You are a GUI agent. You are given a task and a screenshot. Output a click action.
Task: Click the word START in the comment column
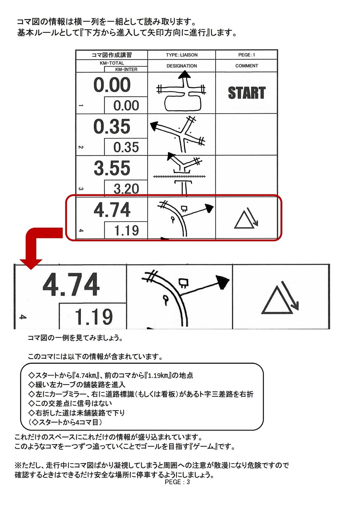(247, 93)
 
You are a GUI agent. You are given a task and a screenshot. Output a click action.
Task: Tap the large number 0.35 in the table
(112, 126)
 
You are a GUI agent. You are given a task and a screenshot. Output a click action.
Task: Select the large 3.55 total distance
(112, 168)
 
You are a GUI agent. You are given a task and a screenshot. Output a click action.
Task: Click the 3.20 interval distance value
(126, 188)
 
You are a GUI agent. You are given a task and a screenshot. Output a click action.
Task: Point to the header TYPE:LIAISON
(182, 55)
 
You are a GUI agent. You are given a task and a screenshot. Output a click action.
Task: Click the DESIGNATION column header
(182, 66)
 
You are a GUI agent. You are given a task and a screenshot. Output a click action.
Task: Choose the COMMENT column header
(246, 66)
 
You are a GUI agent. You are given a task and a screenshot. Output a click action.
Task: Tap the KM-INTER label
(126, 69)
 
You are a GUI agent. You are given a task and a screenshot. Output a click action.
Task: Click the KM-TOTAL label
(112, 63)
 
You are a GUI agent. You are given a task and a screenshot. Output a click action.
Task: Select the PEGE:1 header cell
(246, 55)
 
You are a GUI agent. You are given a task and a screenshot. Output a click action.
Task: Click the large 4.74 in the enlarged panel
(71, 285)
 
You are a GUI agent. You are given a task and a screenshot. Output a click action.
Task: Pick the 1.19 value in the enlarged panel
(93, 317)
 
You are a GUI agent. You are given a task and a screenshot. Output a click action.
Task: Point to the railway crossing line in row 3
(179, 176)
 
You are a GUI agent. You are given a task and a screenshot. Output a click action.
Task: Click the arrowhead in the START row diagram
(184, 75)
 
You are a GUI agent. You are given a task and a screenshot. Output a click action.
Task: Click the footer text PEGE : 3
(177, 482)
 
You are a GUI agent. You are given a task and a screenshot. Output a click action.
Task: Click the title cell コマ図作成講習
(112, 55)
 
